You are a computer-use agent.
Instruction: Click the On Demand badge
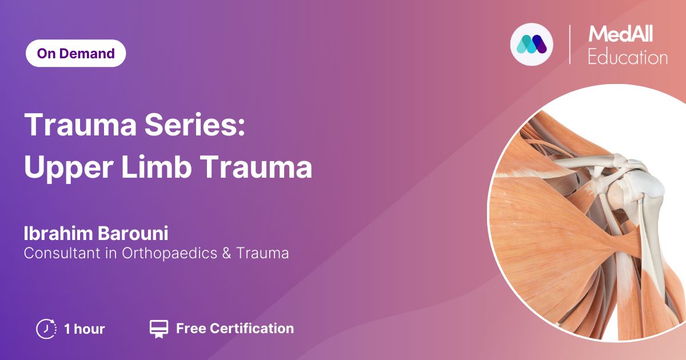point(75,53)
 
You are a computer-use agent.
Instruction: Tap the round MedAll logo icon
point(532,44)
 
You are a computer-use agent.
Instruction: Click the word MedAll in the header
point(620,34)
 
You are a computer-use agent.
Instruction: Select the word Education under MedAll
point(628,57)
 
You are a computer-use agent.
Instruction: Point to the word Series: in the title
point(195,125)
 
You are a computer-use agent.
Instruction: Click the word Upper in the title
point(69,167)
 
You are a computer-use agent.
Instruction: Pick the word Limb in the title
point(157,166)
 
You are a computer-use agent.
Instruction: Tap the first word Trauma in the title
point(80,125)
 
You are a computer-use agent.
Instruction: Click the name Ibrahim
point(58,233)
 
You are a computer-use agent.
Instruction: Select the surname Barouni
point(133,233)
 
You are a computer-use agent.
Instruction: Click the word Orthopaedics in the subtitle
point(169,253)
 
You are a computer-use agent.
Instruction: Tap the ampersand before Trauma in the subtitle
point(226,254)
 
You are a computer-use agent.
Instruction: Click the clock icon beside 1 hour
point(46,329)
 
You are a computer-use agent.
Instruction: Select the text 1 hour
point(84,329)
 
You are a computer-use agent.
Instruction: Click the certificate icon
point(159,329)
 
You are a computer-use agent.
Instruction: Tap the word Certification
point(252,328)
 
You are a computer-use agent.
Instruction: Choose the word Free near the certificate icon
point(191,328)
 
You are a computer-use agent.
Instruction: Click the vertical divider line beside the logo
point(569,45)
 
